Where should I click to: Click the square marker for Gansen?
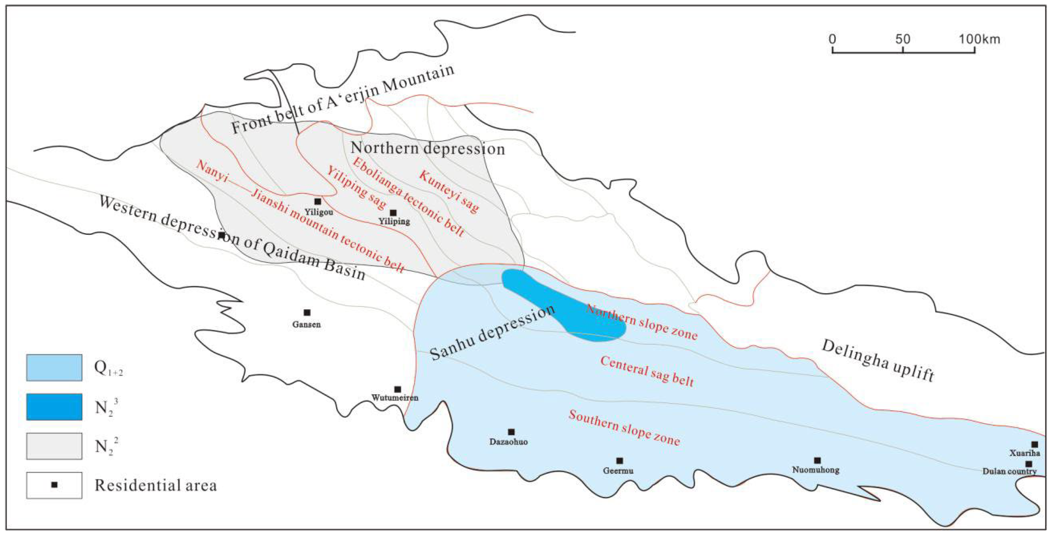pos(307,312)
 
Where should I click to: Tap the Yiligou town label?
pos(319,212)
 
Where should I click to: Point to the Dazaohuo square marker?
pos(511,432)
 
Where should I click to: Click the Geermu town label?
pos(618,470)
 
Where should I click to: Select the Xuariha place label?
pos(1025,453)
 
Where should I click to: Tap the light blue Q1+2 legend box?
pos(54,368)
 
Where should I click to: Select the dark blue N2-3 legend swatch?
pos(54,407)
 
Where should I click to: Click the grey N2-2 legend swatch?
pos(54,446)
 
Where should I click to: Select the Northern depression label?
pos(428,148)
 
